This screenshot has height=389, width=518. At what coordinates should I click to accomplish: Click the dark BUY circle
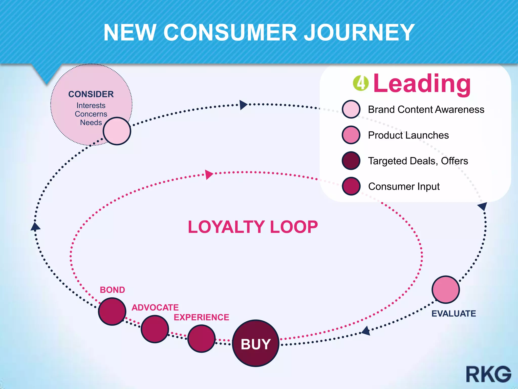coord(255,343)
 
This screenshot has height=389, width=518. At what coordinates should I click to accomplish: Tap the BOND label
coord(112,290)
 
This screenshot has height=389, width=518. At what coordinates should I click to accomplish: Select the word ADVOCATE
coord(155,307)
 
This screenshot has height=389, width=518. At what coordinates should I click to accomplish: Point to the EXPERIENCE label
coord(201,317)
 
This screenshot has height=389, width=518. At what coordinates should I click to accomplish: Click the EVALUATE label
coord(454,314)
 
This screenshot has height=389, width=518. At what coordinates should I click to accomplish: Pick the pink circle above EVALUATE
coord(446,289)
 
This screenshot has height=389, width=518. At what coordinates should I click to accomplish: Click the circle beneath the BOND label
coord(112,311)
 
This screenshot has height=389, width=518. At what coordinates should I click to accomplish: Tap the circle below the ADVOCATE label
coord(155,329)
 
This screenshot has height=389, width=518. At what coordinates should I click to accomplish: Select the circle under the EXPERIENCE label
coord(201,339)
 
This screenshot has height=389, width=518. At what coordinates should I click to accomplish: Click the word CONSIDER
coord(91,94)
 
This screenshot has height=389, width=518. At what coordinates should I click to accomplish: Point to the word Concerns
coord(91,114)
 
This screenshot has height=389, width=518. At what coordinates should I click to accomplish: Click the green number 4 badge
coord(361,83)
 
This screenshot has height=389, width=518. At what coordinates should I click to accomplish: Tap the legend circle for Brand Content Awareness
coord(351,109)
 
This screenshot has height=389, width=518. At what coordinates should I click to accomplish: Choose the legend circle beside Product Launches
coord(351,135)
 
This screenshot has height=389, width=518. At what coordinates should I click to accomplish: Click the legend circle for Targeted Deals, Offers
coord(351,161)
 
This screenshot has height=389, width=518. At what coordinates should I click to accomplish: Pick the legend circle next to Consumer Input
coord(351,186)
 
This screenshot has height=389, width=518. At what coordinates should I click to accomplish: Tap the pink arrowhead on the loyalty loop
coord(209,174)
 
